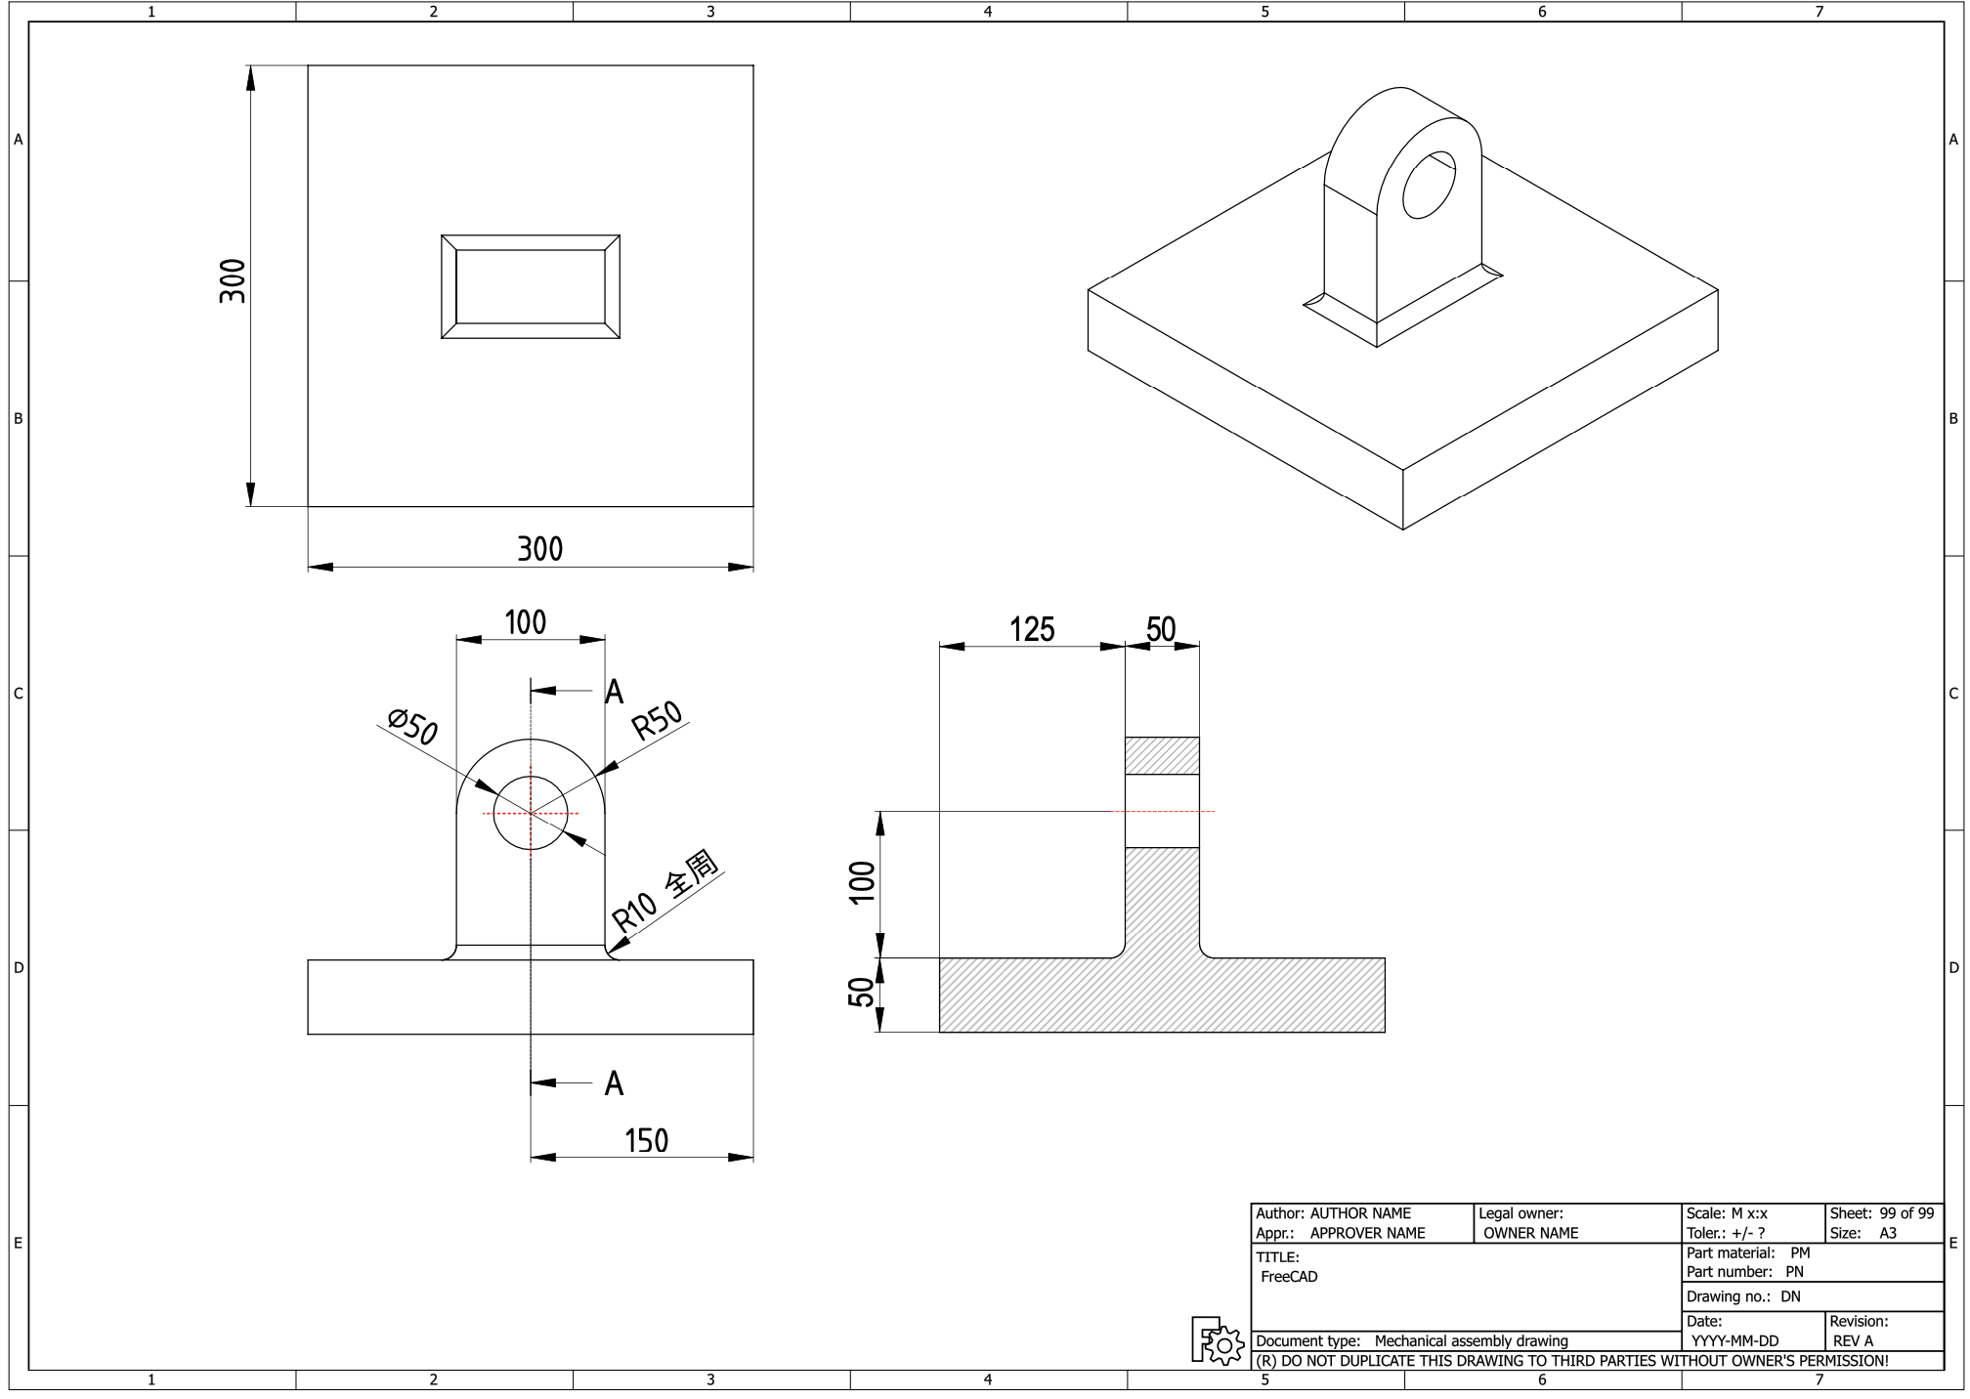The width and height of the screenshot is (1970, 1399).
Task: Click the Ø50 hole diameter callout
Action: click(413, 728)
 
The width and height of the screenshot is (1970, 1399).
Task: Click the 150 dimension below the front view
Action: click(646, 1140)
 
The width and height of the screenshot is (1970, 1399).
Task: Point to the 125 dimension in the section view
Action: click(1032, 629)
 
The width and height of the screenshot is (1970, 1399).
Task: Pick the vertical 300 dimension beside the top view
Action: click(233, 281)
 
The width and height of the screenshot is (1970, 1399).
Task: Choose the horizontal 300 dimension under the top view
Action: click(539, 549)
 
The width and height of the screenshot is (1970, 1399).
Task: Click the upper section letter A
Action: click(614, 692)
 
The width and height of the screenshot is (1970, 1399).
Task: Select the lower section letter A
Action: click(614, 1083)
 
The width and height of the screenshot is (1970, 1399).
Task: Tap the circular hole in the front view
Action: click(531, 813)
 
